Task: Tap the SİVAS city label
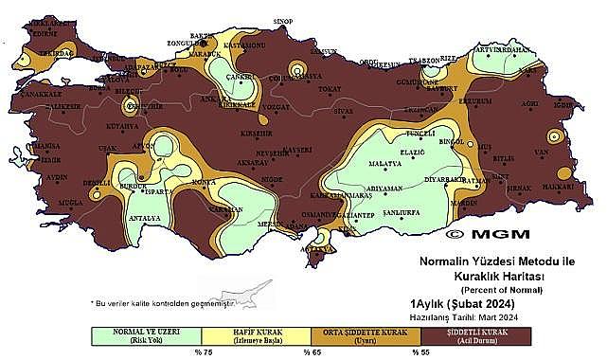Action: (342, 111)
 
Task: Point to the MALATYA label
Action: (385, 164)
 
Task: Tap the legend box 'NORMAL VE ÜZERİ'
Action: (145, 335)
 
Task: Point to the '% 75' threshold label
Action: (202, 352)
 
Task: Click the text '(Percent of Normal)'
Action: (495, 288)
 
